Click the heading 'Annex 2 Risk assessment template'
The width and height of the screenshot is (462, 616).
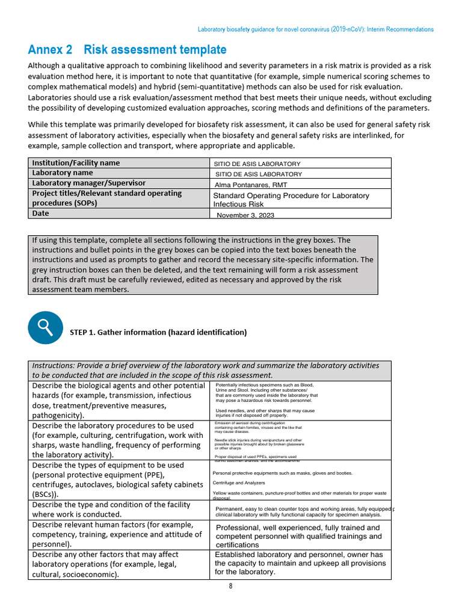coord(127,49)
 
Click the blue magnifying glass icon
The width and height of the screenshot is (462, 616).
coord(45,327)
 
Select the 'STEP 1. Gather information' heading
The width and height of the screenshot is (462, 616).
coord(158,332)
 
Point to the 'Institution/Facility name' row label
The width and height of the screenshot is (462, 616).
coord(76,163)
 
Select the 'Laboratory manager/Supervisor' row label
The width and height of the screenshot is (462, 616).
coord(88,183)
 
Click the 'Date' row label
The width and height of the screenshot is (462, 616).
coord(41,214)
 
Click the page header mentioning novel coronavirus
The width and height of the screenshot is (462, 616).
coord(316,29)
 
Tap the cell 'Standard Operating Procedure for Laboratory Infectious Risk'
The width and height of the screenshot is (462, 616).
coord(291,200)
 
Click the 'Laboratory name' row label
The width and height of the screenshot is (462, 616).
coord(63,173)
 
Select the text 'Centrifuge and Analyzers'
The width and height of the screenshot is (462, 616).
coord(239,482)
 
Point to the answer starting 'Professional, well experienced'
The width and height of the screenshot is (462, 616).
coord(298,535)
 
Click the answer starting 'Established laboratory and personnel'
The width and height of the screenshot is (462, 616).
coord(299,563)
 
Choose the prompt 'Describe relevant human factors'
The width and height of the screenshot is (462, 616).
coord(117,534)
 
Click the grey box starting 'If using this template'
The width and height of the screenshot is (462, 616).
coord(203,265)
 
